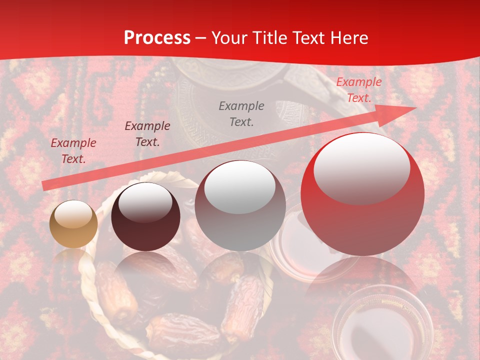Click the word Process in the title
[157, 38]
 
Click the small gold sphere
[73, 224]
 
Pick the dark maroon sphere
[145, 216]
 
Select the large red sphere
[362, 194]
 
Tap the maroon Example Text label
[147, 134]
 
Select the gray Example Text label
[241, 113]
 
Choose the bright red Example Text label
[358, 90]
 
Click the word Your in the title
[229, 38]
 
